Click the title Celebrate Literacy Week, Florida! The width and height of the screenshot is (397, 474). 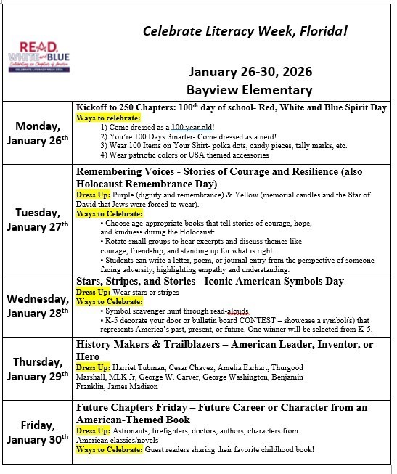click(245, 30)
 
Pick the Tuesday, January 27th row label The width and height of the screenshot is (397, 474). click(38, 220)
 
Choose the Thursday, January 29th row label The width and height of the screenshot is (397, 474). click(38, 369)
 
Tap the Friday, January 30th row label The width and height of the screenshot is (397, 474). click(38, 432)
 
